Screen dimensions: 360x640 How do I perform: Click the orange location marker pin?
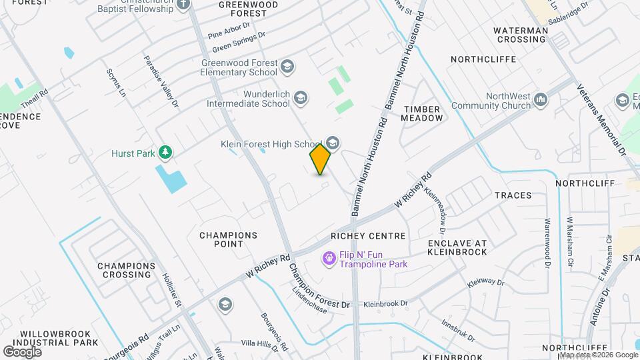[321, 159]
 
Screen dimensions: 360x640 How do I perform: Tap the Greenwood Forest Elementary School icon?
[287, 66]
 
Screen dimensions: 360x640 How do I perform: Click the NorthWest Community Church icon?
[541, 100]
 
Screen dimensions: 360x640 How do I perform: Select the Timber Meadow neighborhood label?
[422, 113]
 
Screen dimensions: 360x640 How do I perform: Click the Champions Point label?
[228, 239]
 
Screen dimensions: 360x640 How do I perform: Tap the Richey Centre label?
[368, 236]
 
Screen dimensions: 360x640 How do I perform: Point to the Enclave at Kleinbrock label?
[457, 247]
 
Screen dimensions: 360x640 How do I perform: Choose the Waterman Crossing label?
[520, 35]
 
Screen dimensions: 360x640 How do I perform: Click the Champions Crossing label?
[125, 270]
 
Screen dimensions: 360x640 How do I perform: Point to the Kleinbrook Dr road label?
[385, 303]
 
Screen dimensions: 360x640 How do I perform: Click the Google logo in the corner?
[23, 351]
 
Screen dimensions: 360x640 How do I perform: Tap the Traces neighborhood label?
[513, 195]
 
